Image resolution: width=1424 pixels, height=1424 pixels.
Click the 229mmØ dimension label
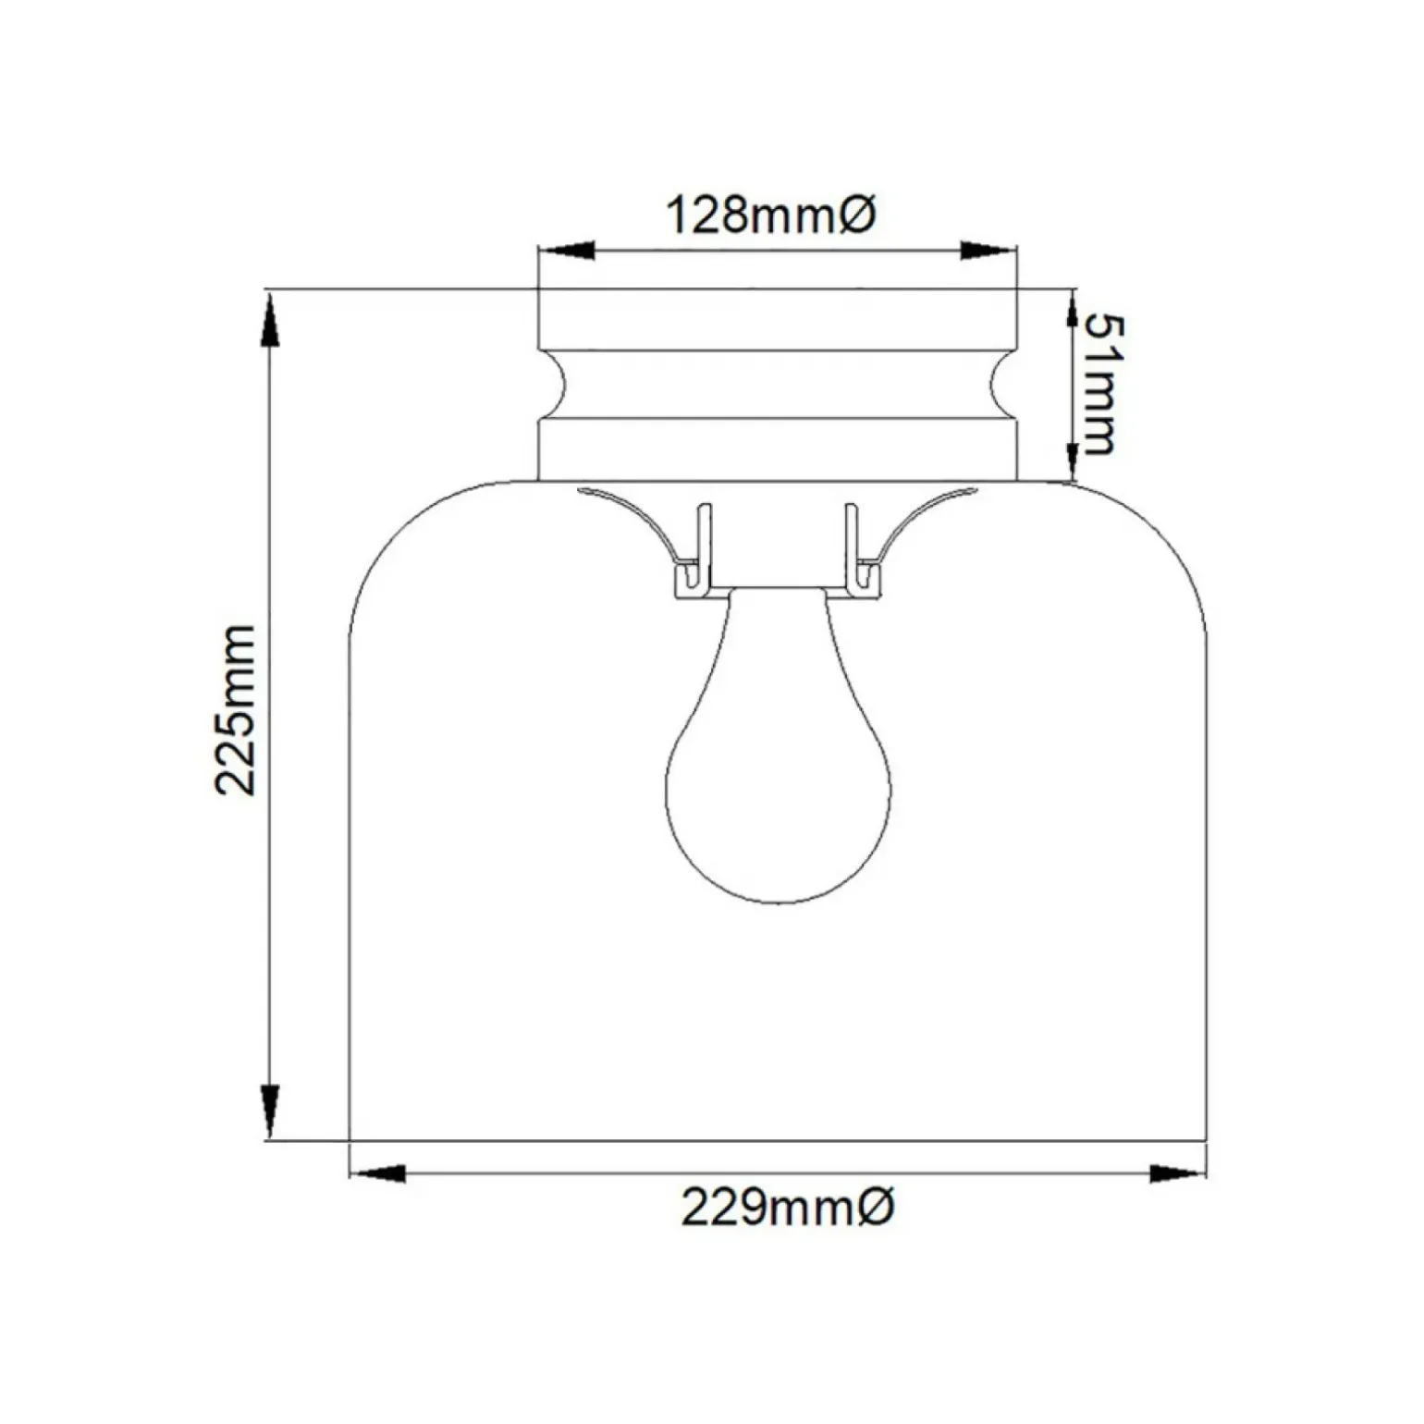[788, 1207]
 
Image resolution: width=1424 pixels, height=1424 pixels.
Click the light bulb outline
[779, 758]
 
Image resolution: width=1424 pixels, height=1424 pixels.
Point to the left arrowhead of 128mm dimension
[566, 250]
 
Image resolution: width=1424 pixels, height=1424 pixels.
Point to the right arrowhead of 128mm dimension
[988, 250]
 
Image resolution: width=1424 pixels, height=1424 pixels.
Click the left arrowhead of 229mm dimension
[378, 1173]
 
